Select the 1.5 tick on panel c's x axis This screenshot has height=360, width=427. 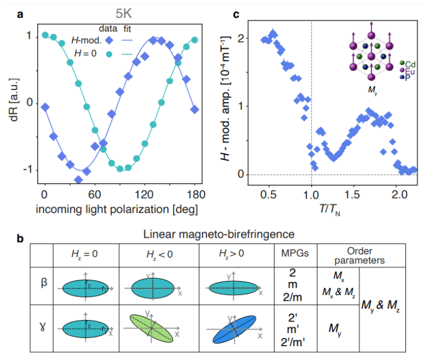pyautogui.click(x=355, y=196)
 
